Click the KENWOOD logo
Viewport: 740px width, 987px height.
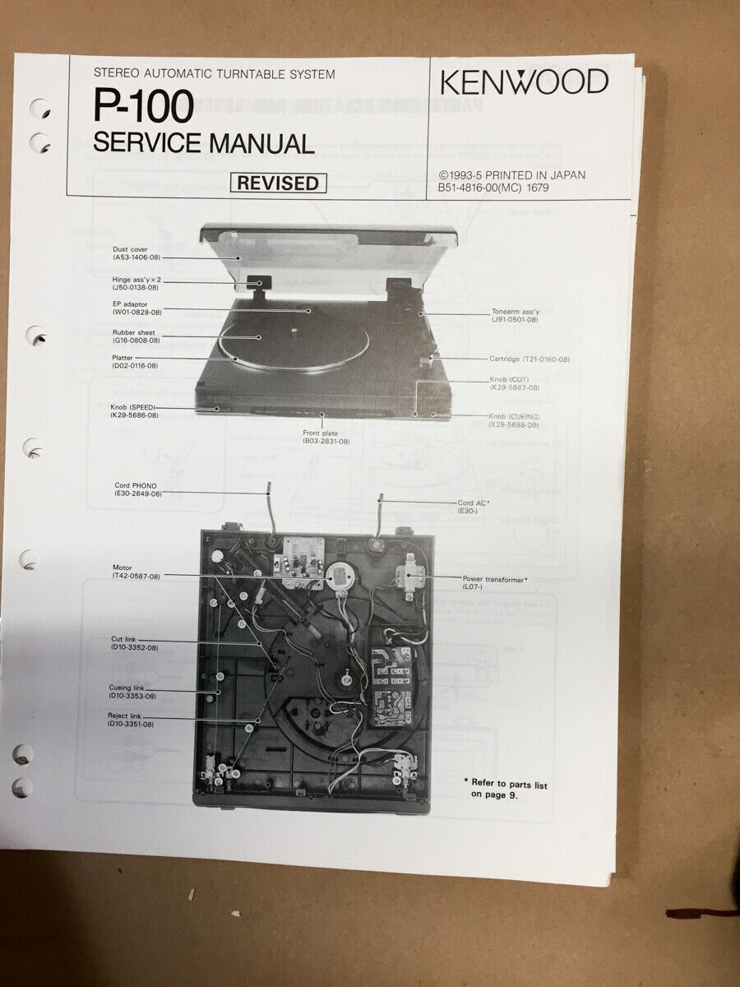524,81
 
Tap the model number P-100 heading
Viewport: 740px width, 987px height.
143,105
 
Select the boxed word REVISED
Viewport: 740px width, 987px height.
278,183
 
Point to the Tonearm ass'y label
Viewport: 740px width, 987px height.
515,316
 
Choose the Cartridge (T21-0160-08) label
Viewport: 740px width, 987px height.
529,359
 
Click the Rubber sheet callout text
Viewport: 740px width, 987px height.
136,336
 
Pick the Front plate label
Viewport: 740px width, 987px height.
326,437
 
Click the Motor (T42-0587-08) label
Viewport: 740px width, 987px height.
136,572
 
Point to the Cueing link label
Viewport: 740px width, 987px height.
132,692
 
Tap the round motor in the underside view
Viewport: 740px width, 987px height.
340,577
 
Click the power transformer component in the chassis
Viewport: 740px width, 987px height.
409,572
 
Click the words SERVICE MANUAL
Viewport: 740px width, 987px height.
204,144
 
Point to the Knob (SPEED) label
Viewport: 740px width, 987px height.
135,411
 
